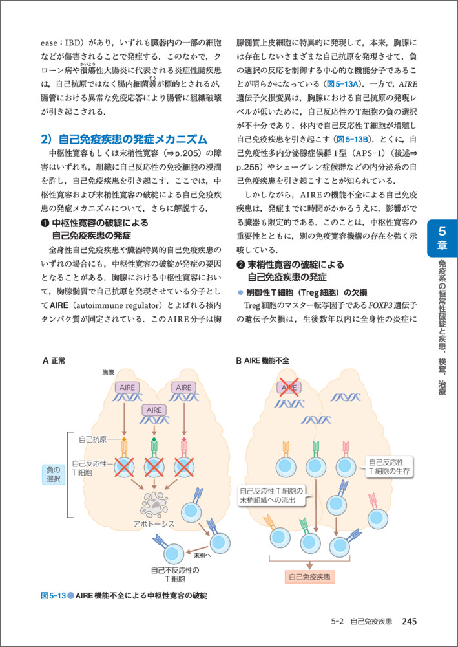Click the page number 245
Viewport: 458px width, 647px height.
[x=411, y=622]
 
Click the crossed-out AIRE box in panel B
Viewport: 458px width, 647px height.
[x=289, y=387]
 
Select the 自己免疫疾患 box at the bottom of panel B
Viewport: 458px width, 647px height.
[x=310, y=576]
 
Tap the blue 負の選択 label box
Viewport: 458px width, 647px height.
[x=54, y=474]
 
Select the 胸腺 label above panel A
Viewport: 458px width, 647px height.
[x=108, y=373]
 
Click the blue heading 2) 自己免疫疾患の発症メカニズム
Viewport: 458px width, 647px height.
[x=124, y=139]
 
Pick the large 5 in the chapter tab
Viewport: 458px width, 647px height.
[x=442, y=231]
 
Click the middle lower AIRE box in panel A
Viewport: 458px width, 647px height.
[x=154, y=410]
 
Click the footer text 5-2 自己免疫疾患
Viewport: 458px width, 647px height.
[x=360, y=622]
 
